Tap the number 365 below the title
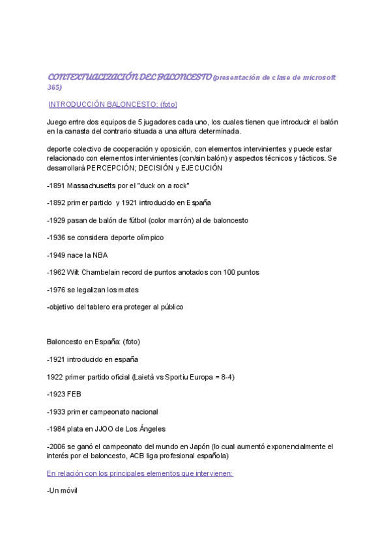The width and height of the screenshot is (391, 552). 54,87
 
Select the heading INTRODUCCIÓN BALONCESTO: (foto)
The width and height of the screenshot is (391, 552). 113,104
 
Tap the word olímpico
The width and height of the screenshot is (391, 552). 147,238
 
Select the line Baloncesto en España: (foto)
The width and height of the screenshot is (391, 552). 93,342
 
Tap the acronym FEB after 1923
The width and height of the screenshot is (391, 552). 74,394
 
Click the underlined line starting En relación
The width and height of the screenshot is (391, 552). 140,473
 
